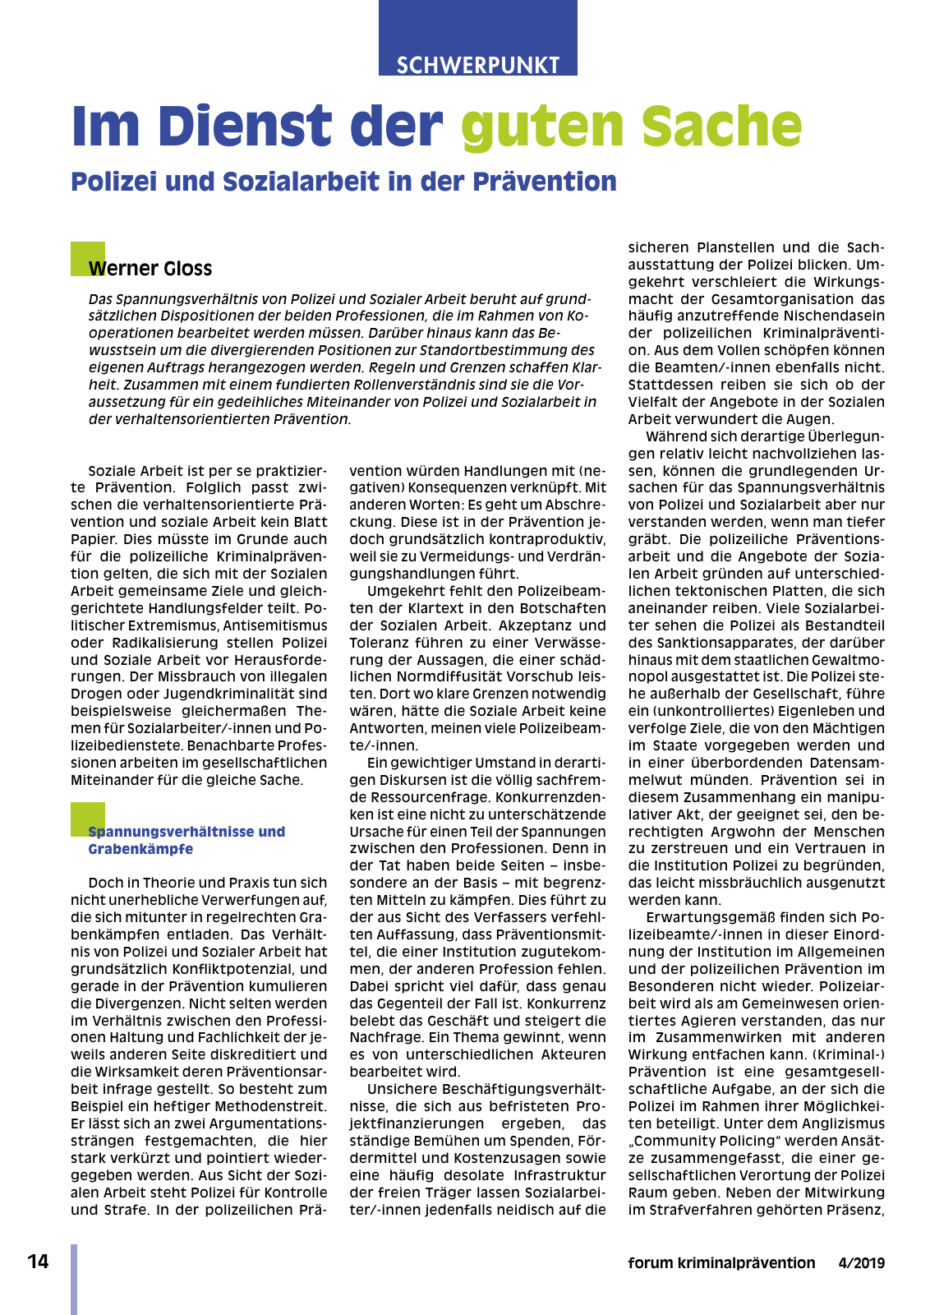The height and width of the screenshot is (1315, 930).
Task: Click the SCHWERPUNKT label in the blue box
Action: [x=477, y=65]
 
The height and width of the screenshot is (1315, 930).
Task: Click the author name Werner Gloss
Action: [x=150, y=269]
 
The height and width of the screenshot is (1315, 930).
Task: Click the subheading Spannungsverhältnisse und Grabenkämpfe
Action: [x=186, y=840]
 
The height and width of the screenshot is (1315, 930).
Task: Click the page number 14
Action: [x=38, y=1262]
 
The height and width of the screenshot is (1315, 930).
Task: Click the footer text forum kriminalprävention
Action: [x=721, y=1263]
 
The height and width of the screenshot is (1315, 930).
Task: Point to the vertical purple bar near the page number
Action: [x=74, y=1278]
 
